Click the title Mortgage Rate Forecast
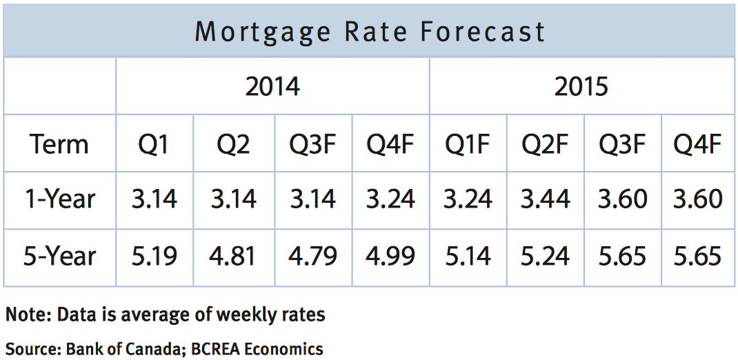click(370, 32)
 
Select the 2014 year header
click(272, 87)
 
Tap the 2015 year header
click(581, 87)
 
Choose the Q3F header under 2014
click(313, 144)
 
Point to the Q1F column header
click(468, 144)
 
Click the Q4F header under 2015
click(697, 144)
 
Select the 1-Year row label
click(59, 199)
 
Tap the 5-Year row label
click(59, 257)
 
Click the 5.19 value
click(155, 257)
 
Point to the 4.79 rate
click(313, 257)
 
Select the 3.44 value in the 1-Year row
click(545, 199)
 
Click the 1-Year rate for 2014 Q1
click(155, 199)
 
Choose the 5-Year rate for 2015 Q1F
click(468, 257)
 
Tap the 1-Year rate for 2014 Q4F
click(390, 199)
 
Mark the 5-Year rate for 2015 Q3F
click(621, 257)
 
